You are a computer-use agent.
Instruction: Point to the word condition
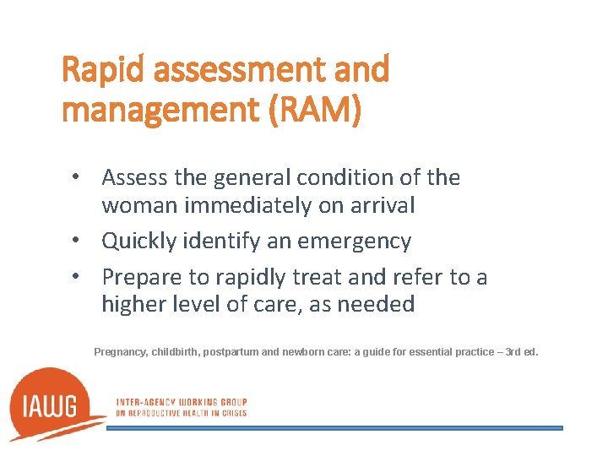coord(347,177)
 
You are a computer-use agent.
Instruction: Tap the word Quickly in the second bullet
coord(138,241)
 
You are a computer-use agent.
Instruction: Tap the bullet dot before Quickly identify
coord(76,242)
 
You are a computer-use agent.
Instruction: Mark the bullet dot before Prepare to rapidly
coord(76,277)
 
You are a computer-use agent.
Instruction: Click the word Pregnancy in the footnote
coord(121,350)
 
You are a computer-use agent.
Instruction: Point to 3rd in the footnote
coord(513,350)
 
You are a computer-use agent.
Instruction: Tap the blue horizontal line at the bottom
coord(334,428)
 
